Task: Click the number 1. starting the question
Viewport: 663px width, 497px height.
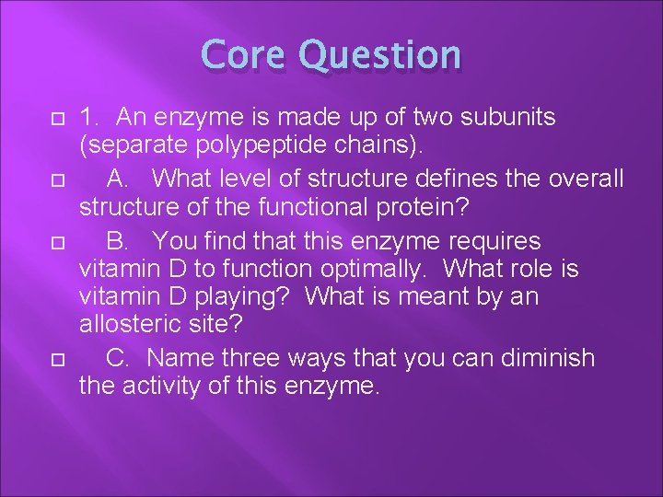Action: pos(90,119)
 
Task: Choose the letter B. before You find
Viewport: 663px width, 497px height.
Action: pos(119,240)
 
